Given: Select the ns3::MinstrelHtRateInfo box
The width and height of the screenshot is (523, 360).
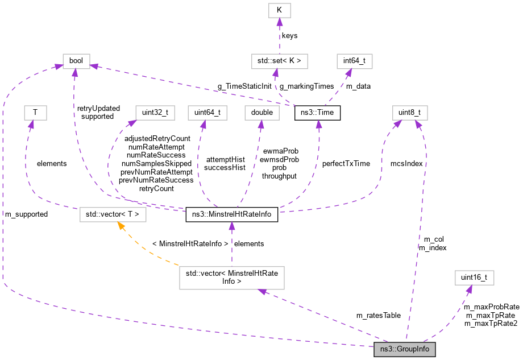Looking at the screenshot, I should click(232, 214).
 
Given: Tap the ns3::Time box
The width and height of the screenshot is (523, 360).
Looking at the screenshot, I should click(317, 113).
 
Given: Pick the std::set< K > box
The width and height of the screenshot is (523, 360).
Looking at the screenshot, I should click(279, 60).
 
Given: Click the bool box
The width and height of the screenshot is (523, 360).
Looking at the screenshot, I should click(76, 60).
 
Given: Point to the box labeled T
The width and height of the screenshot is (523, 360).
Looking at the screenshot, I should click(35, 113).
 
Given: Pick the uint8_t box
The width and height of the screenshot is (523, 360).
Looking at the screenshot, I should click(409, 113).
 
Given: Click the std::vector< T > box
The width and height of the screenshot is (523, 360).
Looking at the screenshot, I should click(113, 214).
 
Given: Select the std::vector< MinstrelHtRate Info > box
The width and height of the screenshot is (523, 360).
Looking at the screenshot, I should click(231, 278).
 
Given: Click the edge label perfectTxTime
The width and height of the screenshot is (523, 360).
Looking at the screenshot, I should click(346, 163).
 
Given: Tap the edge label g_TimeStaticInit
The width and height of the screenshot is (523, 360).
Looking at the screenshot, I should click(244, 86).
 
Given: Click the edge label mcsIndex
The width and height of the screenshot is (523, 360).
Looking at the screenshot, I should click(406, 163).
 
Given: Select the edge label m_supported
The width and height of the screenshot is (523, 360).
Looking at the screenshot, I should click(26, 214).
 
